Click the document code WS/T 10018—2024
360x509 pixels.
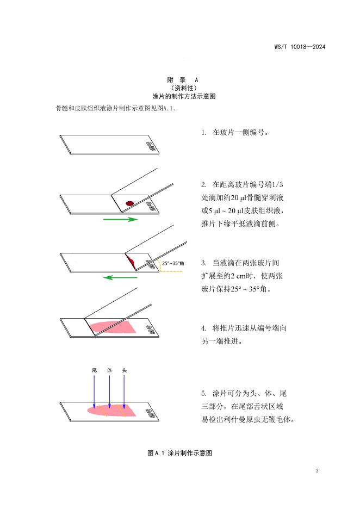click(x=300, y=47)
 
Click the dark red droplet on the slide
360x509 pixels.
click(x=129, y=203)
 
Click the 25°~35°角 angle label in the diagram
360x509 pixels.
click(x=173, y=264)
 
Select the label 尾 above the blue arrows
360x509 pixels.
click(x=94, y=370)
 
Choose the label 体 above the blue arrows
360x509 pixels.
click(x=109, y=370)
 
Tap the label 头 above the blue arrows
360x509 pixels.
click(x=125, y=370)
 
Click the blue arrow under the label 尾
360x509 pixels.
click(x=94, y=392)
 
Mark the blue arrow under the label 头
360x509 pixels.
click(x=125, y=392)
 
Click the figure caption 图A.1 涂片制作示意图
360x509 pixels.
click(x=179, y=452)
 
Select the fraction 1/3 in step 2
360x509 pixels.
click(x=277, y=184)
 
